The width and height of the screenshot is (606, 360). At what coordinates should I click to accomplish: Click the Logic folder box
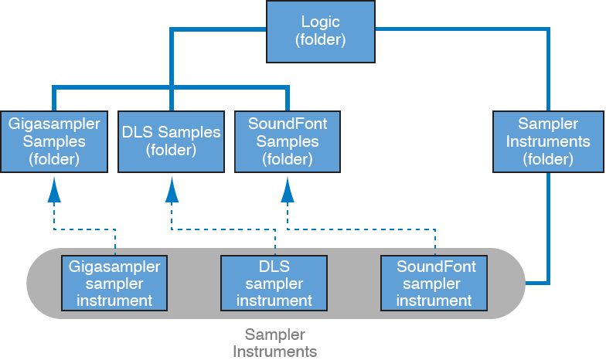click(x=320, y=31)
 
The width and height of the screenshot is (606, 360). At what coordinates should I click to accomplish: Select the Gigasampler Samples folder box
click(x=53, y=141)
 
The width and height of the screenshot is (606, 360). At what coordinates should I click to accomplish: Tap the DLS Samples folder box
click(x=171, y=141)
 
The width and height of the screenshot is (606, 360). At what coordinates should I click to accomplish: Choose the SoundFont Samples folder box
click(x=288, y=141)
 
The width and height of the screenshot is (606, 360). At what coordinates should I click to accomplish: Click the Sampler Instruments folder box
click(x=547, y=141)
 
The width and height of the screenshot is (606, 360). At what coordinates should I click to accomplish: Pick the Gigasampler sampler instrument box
click(x=114, y=284)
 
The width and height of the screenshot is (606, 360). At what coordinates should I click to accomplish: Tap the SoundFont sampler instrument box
click(x=436, y=284)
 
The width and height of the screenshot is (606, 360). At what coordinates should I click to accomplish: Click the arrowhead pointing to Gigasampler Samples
click(x=53, y=188)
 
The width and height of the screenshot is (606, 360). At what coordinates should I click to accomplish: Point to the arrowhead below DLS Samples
click(x=171, y=188)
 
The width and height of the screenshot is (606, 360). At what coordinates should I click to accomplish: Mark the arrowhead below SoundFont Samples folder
click(x=288, y=188)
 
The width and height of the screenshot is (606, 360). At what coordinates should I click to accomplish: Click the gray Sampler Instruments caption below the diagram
click(x=275, y=343)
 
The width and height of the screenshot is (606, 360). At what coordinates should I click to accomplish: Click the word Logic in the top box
click(x=320, y=22)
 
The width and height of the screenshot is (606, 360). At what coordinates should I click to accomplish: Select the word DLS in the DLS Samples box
click(x=136, y=132)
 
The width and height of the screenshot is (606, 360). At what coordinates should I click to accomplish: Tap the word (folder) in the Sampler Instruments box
click(x=547, y=159)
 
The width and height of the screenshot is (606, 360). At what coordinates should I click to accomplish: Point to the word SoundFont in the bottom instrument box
click(x=436, y=267)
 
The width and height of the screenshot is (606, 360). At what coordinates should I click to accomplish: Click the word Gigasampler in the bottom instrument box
click(x=114, y=267)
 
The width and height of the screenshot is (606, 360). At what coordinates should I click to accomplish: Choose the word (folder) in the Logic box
click(x=320, y=39)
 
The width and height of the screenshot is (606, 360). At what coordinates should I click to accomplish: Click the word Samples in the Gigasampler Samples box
click(x=53, y=141)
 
